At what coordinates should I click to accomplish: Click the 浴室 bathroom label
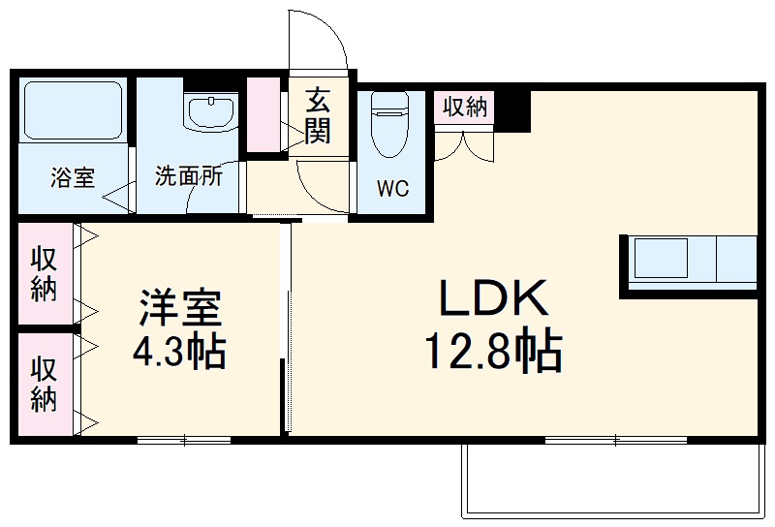click(x=73, y=177)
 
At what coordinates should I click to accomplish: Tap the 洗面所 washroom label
click(x=189, y=177)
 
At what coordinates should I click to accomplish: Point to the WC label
click(x=392, y=188)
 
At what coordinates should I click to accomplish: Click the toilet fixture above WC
click(x=391, y=122)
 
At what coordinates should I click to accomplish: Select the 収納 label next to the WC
click(x=465, y=107)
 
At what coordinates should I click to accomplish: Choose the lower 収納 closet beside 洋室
click(x=44, y=385)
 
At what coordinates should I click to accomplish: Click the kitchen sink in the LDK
click(x=661, y=260)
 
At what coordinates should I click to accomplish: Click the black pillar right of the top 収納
click(x=514, y=108)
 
